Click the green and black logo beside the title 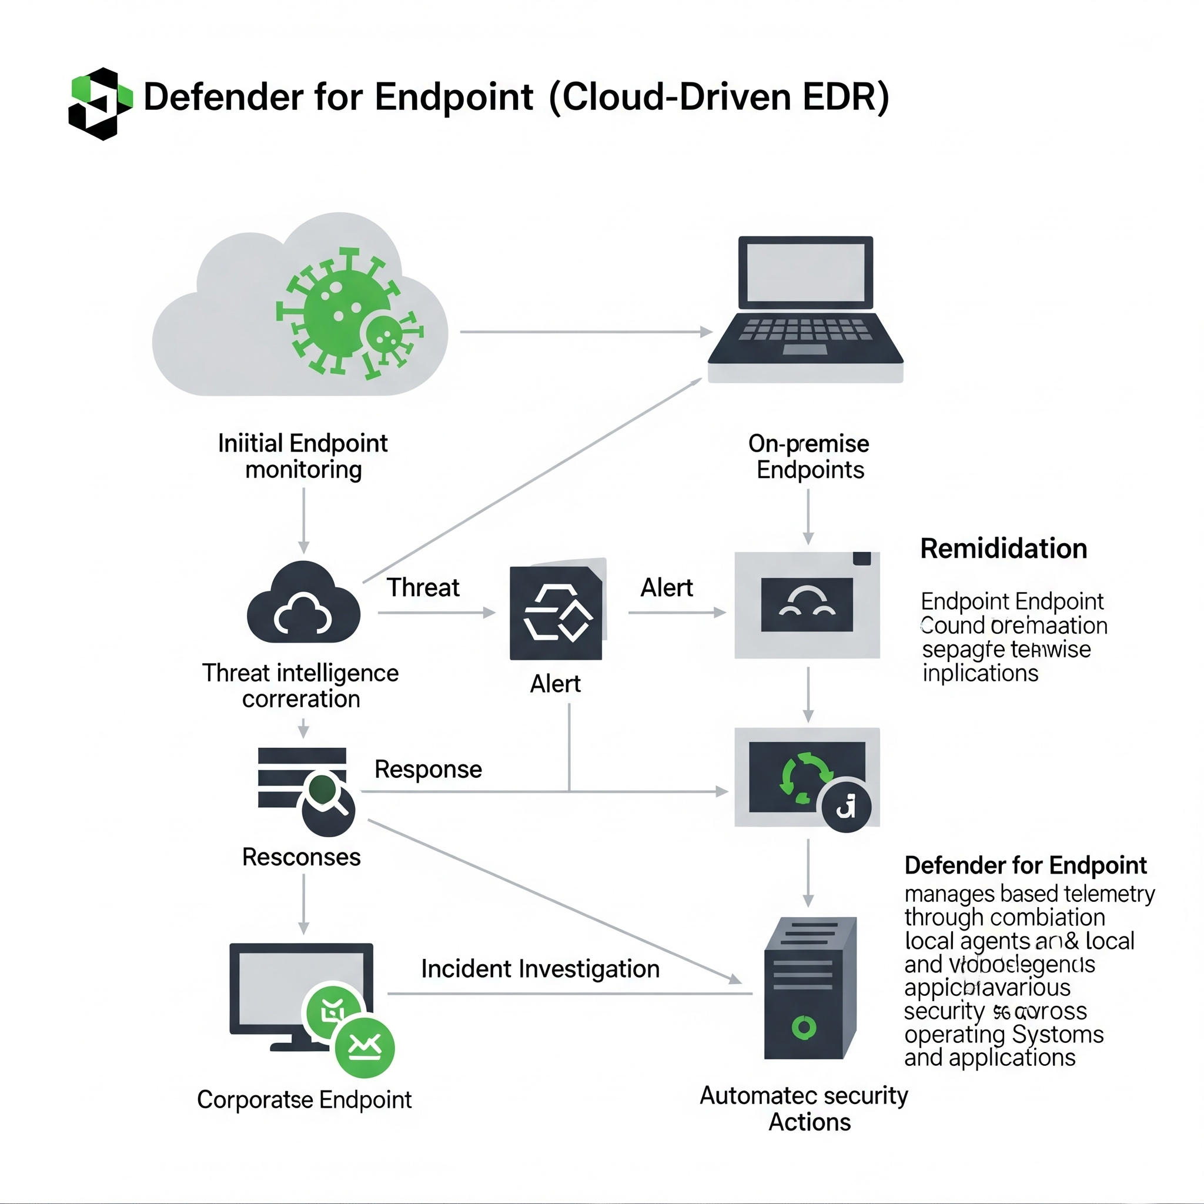[101, 103]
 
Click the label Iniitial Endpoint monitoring [303, 456]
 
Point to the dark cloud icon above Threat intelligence [303, 603]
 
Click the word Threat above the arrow [423, 588]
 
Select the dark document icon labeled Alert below [557, 612]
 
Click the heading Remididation [1004, 549]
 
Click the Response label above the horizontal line [428, 770]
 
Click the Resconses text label [302, 858]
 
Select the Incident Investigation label [540, 969]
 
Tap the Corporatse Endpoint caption [304, 1100]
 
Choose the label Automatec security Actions [804, 1109]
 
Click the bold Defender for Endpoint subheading [1025, 865]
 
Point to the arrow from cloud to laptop [586, 332]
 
